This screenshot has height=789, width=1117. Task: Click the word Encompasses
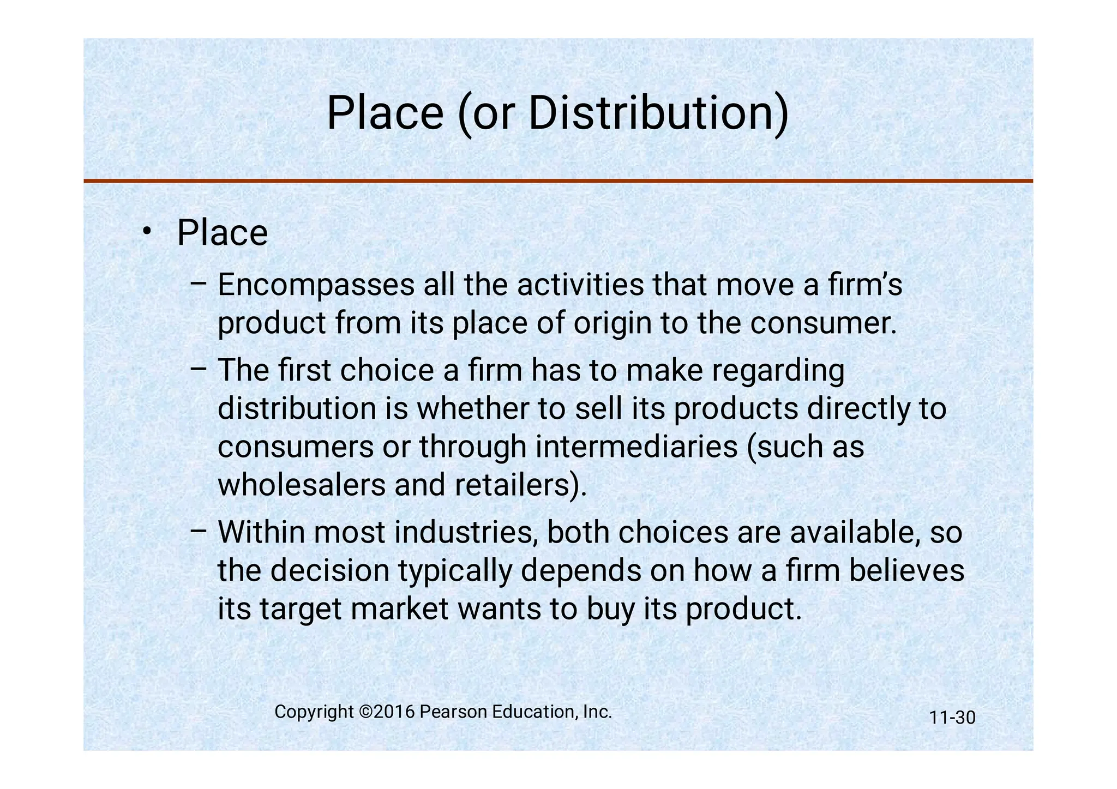pos(316,285)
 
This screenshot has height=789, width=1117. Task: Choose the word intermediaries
pos(636,447)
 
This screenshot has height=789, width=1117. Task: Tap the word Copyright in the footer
pos(314,712)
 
